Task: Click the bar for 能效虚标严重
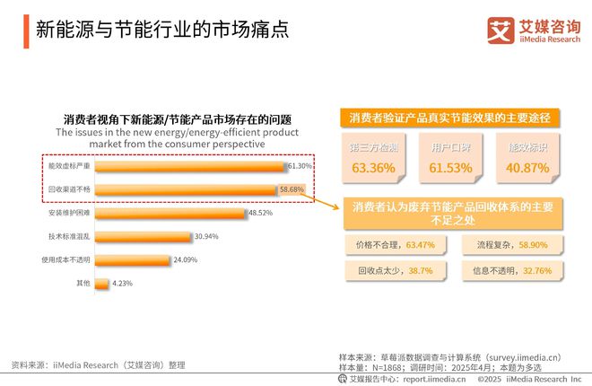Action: (189, 166)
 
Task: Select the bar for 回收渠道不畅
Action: (185, 189)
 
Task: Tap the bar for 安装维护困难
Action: (170, 214)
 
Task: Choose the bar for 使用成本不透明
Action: (132, 260)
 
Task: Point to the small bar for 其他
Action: (101, 284)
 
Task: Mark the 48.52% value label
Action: (260, 214)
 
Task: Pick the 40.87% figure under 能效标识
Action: (527, 167)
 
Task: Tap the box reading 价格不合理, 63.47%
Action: (396, 243)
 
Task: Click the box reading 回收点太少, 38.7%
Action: (396, 268)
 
